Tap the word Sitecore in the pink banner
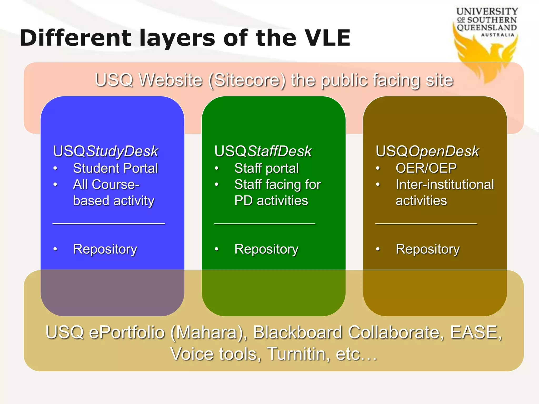tap(247, 80)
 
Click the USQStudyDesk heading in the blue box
tap(105, 151)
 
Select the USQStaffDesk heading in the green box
tap(263, 151)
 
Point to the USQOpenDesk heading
tap(427, 151)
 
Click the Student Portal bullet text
tap(115, 168)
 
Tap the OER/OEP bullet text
tap(426, 168)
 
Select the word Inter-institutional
tap(445, 184)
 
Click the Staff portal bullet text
tap(266, 168)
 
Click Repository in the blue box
tap(105, 249)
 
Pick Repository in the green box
tap(266, 249)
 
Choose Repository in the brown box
tap(427, 249)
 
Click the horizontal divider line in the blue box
tap(108, 224)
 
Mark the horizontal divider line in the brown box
tap(426, 224)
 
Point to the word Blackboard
tap(297, 332)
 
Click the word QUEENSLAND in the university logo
tap(487, 28)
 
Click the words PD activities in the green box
tap(271, 201)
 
